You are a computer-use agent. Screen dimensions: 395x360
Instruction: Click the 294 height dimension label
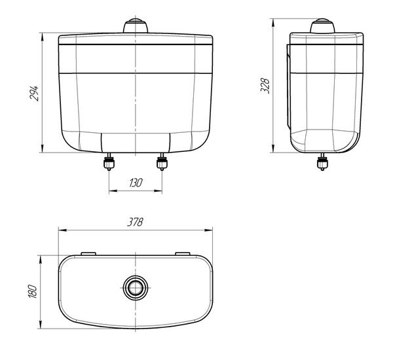pyautogui.click(x=34, y=94)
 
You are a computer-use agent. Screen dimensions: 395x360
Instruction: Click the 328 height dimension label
pyautogui.click(x=265, y=86)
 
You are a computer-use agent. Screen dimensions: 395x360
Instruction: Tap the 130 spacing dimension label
pyautogui.click(x=136, y=183)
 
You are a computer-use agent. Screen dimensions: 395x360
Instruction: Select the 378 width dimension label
pyautogui.click(x=136, y=222)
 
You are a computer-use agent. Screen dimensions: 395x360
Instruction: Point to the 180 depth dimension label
pyautogui.click(x=33, y=292)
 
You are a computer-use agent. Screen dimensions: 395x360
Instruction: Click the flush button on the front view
pyautogui.click(x=136, y=26)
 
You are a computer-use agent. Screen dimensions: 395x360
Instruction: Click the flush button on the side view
pyautogui.click(x=322, y=26)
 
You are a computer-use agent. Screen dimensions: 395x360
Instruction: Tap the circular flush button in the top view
pyautogui.click(x=136, y=288)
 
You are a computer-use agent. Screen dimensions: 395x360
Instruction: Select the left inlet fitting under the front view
pyautogui.click(x=109, y=162)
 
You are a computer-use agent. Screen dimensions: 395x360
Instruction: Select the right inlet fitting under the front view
pyautogui.click(x=162, y=162)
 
